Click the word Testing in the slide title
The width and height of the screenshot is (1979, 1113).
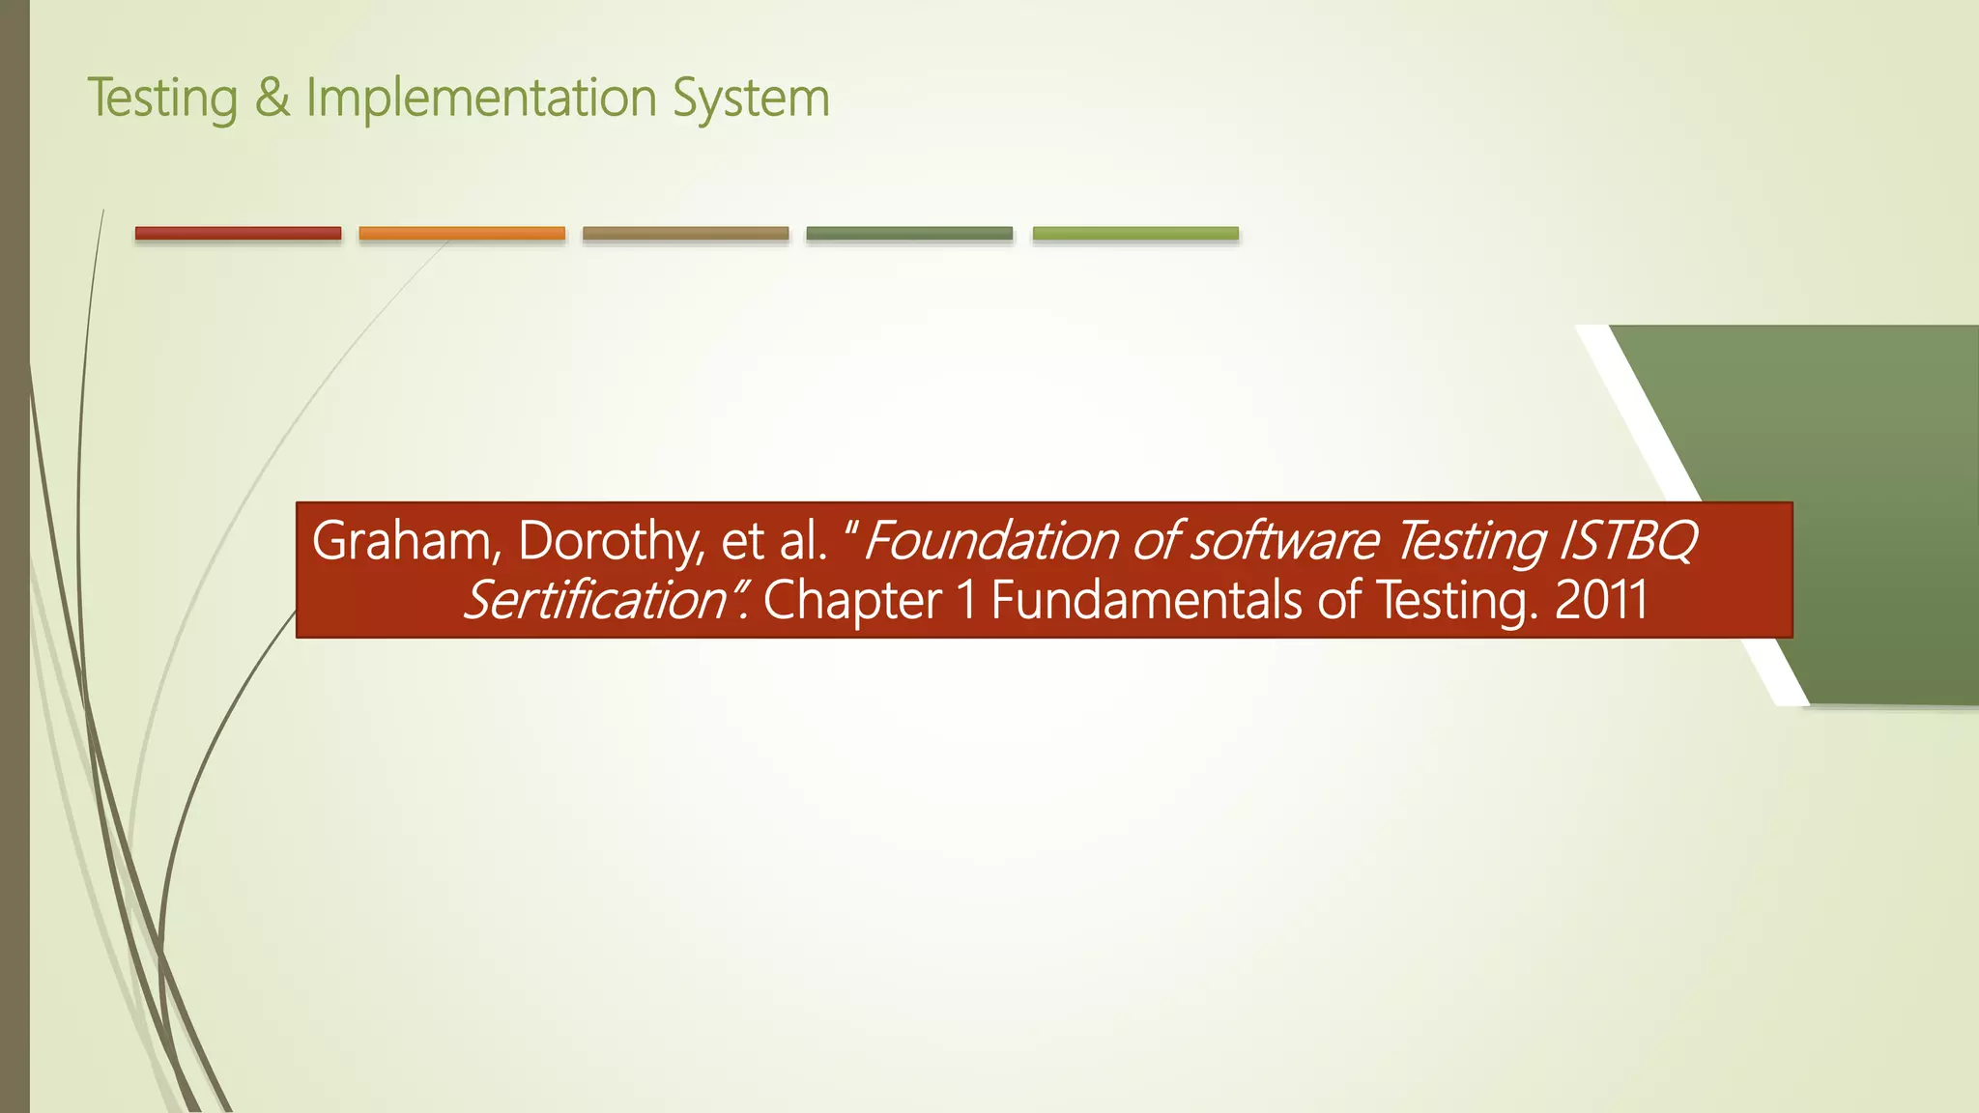pyautogui.click(x=162, y=99)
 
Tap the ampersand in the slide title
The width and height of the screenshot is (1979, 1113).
pyautogui.click(x=272, y=99)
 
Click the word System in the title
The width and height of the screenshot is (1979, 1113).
pyautogui.click(x=751, y=99)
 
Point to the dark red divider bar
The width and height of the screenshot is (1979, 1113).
pyautogui.click(x=238, y=233)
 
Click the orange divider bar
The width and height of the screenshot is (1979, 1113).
pyautogui.click(x=462, y=233)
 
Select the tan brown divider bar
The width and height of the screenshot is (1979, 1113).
pyautogui.click(x=685, y=233)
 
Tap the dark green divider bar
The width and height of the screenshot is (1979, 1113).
pyautogui.click(x=909, y=233)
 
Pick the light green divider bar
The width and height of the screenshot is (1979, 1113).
pyautogui.click(x=1135, y=233)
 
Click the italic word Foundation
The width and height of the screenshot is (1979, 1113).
pyautogui.click(x=990, y=541)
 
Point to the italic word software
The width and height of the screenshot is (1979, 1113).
pyautogui.click(x=1284, y=541)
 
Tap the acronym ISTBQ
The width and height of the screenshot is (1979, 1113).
pyautogui.click(x=1628, y=541)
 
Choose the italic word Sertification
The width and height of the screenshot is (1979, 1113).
pyautogui.click(x=595, y=601)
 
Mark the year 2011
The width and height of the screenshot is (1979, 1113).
pyautogui.click(x=1601, y=601)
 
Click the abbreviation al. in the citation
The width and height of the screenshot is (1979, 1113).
pyautogui.click(x=802, y=541)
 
